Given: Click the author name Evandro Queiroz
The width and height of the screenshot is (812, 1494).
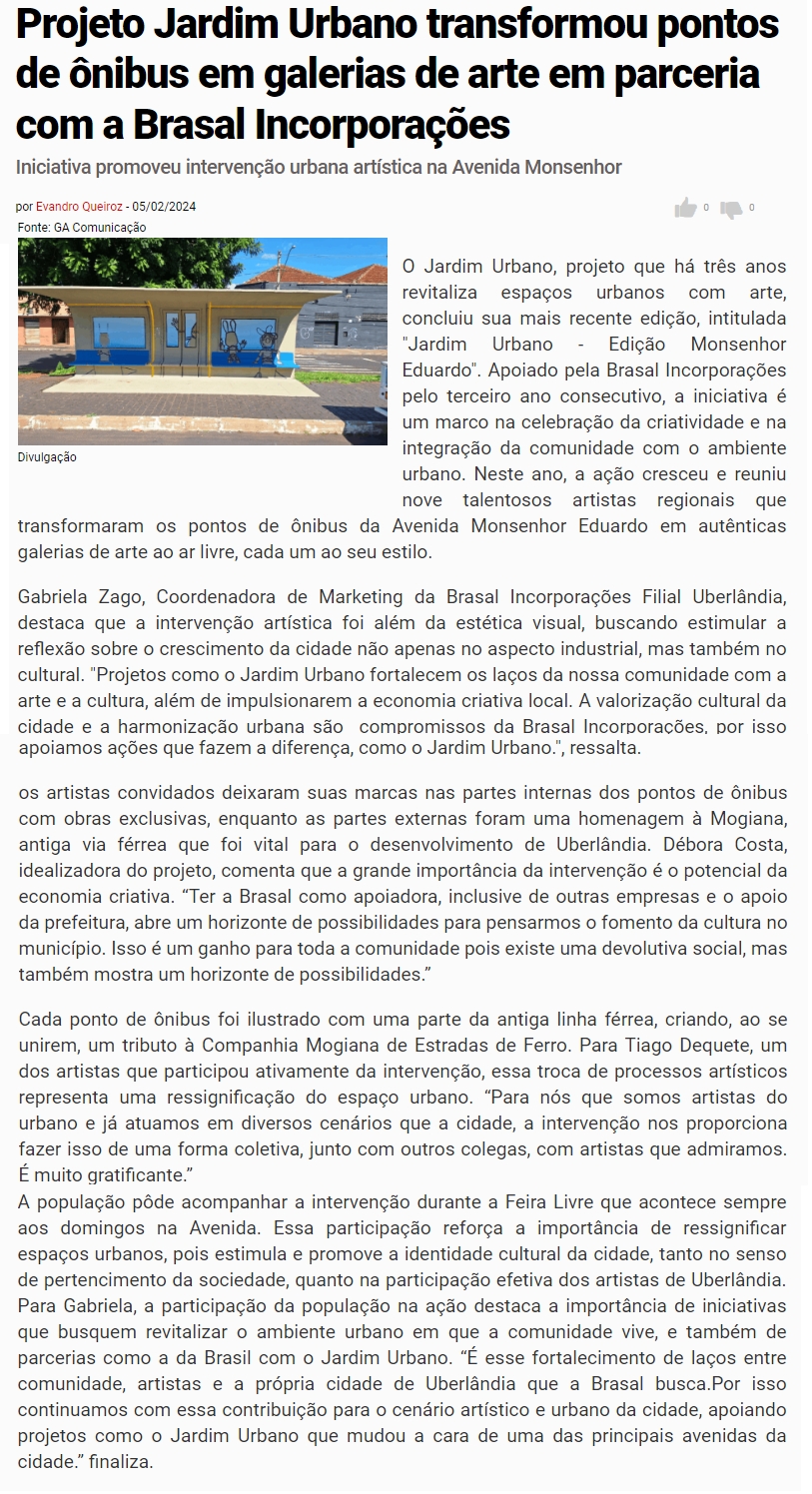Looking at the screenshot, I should coord(79,207).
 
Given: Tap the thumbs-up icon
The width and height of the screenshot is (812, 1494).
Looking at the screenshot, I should coord(685,208).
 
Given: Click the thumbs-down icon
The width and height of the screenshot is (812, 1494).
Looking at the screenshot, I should coord(732,209).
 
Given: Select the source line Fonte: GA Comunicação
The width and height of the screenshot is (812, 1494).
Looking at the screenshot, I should coord(82,227).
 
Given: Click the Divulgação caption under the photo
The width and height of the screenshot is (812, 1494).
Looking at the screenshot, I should coord(47,457).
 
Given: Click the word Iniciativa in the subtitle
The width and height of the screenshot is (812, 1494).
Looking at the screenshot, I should coord(60,167).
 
